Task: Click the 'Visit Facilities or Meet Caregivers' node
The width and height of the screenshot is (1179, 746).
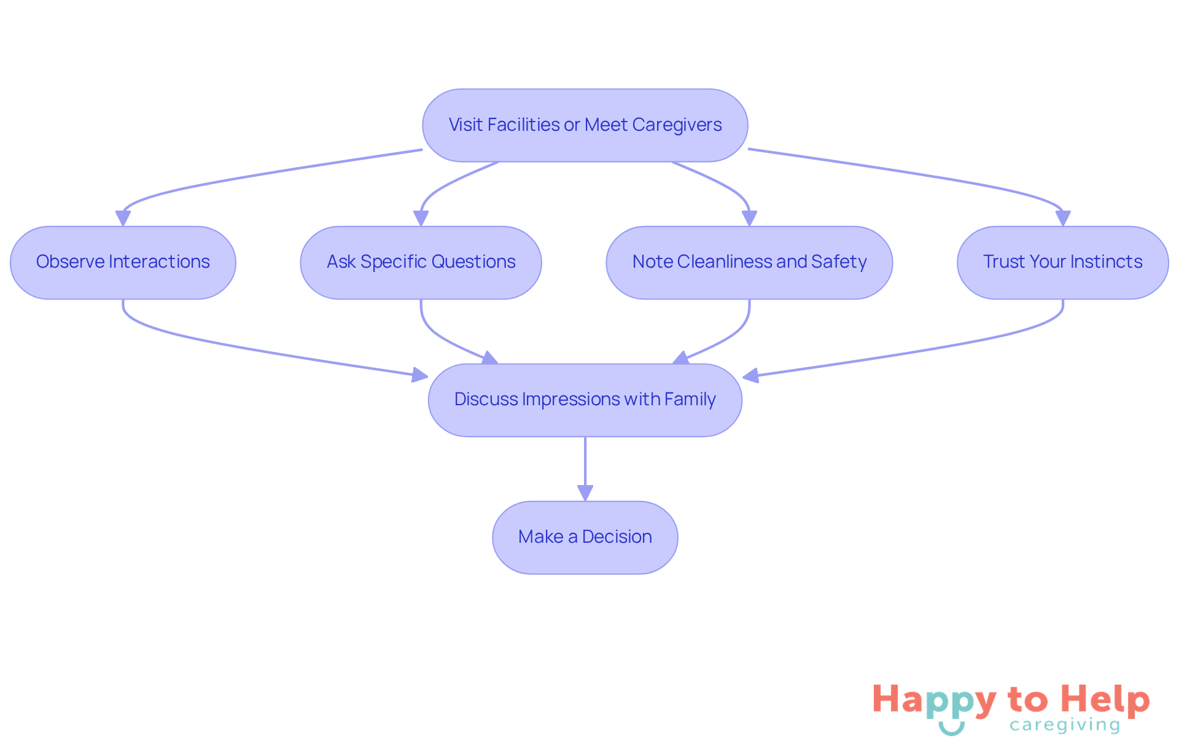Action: coord(585,125)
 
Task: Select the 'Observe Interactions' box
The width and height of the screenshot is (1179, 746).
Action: coord(123,263)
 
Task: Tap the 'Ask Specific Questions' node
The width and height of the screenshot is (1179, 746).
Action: coord(421,263)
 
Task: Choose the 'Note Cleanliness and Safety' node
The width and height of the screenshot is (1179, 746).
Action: coord(749,263)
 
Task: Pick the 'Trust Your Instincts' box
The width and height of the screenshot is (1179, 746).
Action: coord(1062,263)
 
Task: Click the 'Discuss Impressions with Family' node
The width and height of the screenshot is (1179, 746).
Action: coord(585,400)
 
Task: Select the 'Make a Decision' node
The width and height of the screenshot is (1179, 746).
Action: coord(585,538)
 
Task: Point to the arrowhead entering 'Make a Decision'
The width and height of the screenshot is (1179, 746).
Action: coord(585,492)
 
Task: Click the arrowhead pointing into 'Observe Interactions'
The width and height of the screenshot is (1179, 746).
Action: coord(123,218)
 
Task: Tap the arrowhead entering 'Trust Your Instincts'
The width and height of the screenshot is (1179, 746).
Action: coord(1063,218)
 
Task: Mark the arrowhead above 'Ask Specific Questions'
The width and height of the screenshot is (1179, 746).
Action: coord(421,218)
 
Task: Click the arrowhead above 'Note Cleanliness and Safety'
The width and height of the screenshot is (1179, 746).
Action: coord(749,218)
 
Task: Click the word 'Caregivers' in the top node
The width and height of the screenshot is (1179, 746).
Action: coord(677,125)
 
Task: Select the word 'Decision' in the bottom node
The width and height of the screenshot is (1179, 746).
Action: coord(617,537)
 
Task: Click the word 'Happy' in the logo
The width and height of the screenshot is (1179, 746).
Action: coord(934,701)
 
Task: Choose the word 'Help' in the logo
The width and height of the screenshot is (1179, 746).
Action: coord(1105,699)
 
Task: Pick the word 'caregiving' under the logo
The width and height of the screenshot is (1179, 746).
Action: coord(1065,725)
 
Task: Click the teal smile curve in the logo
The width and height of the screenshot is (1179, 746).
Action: coord(951,729)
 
